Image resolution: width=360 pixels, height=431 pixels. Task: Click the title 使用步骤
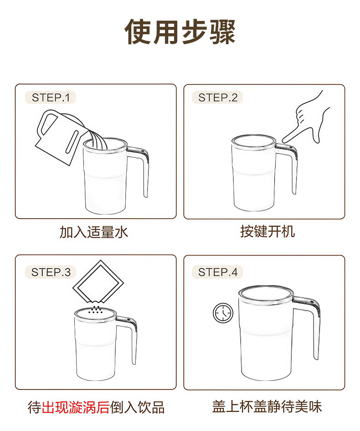point(180,32)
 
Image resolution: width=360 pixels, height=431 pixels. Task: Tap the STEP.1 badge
point(50,97)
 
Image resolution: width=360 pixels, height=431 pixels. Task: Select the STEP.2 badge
point(217,97)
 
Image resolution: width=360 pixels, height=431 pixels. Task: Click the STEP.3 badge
point(50,272)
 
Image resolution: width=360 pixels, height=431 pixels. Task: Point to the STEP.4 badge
point(217,272)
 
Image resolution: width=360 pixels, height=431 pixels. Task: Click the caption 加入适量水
point(94,232)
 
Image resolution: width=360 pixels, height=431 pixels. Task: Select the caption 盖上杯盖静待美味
point(267,407)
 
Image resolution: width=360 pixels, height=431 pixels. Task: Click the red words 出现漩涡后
point(76,407)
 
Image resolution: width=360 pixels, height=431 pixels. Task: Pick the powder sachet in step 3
point(98,282)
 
